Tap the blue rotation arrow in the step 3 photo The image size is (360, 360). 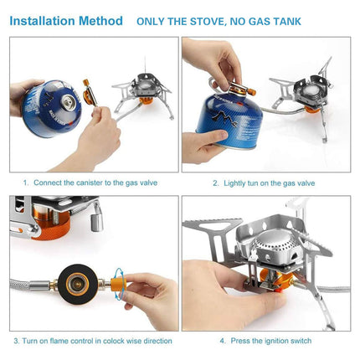(x=121, y=280)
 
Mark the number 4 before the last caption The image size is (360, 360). (x=223, y=341)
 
